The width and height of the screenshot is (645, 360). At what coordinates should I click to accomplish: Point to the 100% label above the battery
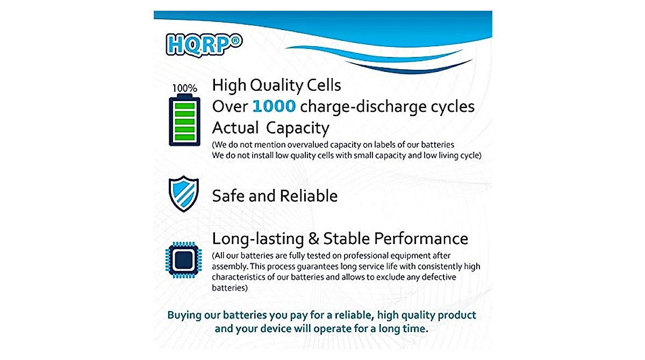(184, 88)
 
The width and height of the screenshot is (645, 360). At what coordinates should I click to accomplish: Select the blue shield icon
(184, 194)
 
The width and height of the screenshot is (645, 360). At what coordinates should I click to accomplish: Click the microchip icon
(184, 260)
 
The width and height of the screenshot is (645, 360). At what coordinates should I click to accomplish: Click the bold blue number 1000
(274, 106)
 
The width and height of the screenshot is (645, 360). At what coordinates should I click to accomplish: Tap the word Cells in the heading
(323, 85)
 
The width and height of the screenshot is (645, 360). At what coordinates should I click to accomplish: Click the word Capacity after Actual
(298, 128)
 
